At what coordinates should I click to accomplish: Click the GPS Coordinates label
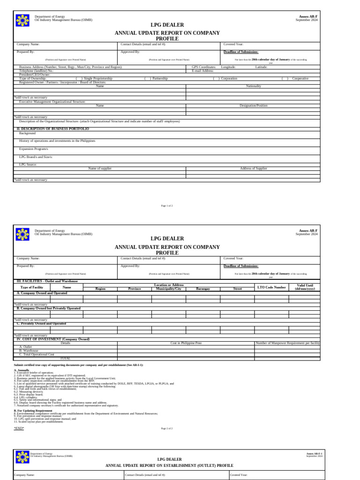pos(204,67)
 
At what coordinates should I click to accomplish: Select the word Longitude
pos(228,67)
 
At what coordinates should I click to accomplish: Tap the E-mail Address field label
pos(202,71)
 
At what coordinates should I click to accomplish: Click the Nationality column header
pos(254,86)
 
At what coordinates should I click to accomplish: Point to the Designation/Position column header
pos(254,105)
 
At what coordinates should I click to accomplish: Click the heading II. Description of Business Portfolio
pos(52,128)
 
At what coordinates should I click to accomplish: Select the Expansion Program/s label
pos(34,148)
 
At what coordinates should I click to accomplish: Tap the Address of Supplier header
pos(253,168)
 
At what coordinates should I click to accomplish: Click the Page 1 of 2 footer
pos(167,206)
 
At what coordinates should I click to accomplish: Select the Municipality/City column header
pos(168,289)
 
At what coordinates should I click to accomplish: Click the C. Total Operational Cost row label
pos(37,354)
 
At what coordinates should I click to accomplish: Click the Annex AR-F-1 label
pos(314,454)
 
